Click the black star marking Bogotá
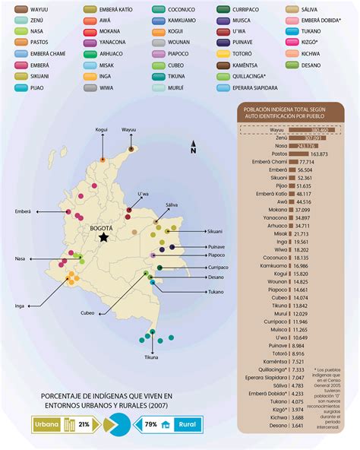coord(103,238)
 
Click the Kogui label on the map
coord(101,130)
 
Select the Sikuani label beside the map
coord(215,230)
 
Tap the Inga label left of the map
coord(20,306)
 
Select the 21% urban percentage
coord(84,425)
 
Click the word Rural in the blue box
coord(186,425)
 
